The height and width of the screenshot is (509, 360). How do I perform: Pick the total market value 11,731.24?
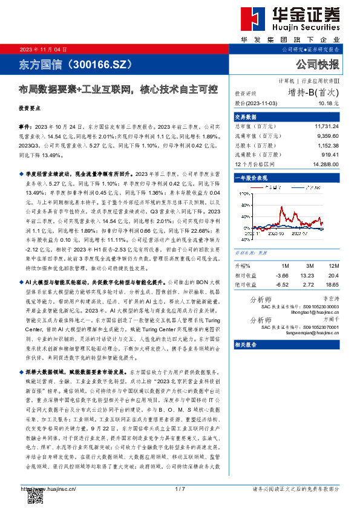coord(327,127)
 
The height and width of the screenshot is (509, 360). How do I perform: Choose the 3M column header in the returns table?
coord(308,266)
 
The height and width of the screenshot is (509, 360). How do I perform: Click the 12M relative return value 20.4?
coord(333,275)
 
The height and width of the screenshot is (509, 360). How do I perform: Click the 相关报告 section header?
coord(246,344)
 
